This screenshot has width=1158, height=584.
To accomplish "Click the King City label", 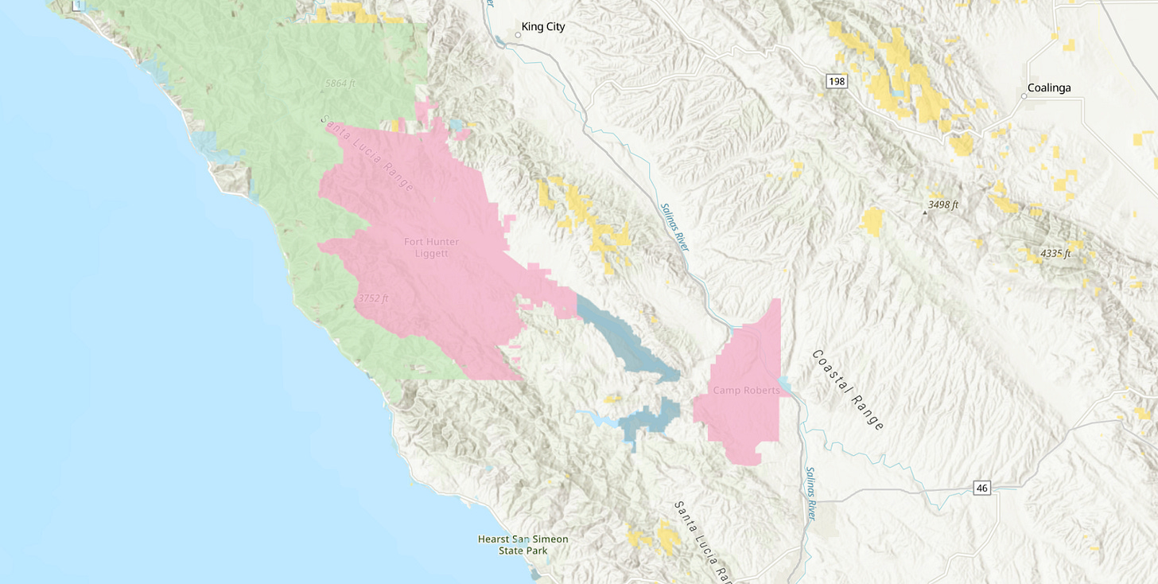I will [x=543, y=27].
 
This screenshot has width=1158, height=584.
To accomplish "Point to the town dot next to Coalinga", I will [x=1024, y=96].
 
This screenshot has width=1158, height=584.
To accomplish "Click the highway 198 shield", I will [x=835, y=81].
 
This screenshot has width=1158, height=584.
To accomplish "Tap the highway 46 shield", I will [x=983, y=488].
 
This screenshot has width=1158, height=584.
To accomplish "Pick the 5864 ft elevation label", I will [x=340, y=83].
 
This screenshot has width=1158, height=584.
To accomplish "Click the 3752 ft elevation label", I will [x=373, y=298].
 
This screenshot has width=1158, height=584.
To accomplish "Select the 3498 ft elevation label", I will [x=943, y=204].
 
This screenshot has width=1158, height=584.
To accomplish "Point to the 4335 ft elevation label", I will [x=1055, y=254].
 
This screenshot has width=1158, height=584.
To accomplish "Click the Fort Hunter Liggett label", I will [x=431, y=247].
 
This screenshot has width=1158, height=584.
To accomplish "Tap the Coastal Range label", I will [x=848, y=390].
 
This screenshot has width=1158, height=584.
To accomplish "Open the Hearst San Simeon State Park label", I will [x=523, y=544].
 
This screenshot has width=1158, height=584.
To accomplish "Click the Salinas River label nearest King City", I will [x=674, y=227].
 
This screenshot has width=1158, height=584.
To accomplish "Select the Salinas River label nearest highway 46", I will [x=810, y=493].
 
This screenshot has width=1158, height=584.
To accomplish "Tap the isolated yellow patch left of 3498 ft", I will [x=872, y=221].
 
